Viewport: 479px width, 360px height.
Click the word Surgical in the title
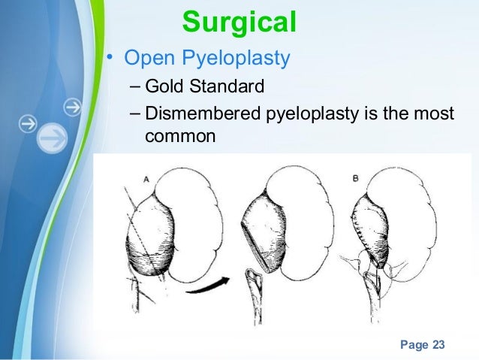[239, 22]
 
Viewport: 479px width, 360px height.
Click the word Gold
[161, 87]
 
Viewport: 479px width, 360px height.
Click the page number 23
[437, 344]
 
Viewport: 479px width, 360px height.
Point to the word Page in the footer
[412, 344]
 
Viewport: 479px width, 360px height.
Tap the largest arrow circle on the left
[53, 138]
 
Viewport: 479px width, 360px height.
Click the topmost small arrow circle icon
[72, 107]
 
